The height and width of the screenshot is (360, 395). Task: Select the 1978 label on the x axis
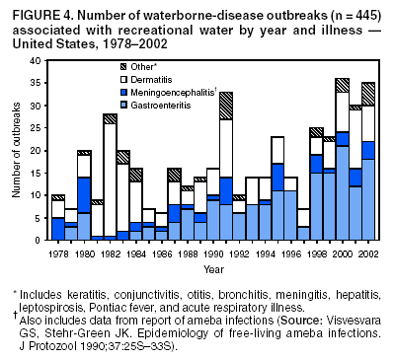pyautogui.click(x=58, y=253)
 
